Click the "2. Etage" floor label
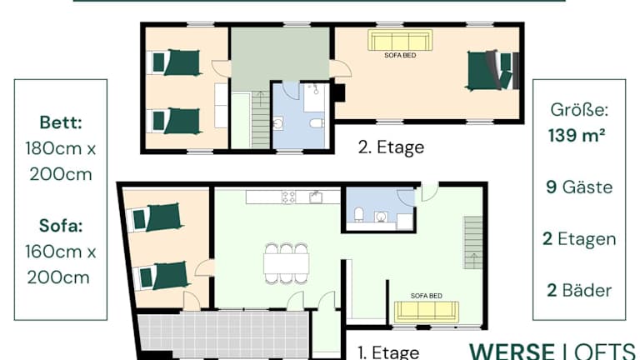(x=391, y=147)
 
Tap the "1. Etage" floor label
(x=388, y=352)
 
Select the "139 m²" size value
(x=577, y=135)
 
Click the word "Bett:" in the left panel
(x=61, y=122)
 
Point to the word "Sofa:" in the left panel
(x=61, y=225)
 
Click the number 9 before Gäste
(x=552, y=187)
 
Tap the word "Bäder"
(x=587, y=290)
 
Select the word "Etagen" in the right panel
(x=587, y=239)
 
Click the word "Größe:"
(x=579, y=109)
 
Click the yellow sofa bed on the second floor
(x=400, y=40)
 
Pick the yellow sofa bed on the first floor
(x=427, y=312)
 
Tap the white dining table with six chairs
(x=286, y=263)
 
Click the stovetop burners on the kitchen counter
(x=289, y=197)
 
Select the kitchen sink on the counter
(x=316, y=197)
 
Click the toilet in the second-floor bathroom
(x=317, y=122)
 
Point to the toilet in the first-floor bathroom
(x=359, y=214)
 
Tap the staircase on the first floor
(x=473, y=242)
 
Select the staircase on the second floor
(x=260, y=119)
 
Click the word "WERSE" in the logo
(x=512, y=352)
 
